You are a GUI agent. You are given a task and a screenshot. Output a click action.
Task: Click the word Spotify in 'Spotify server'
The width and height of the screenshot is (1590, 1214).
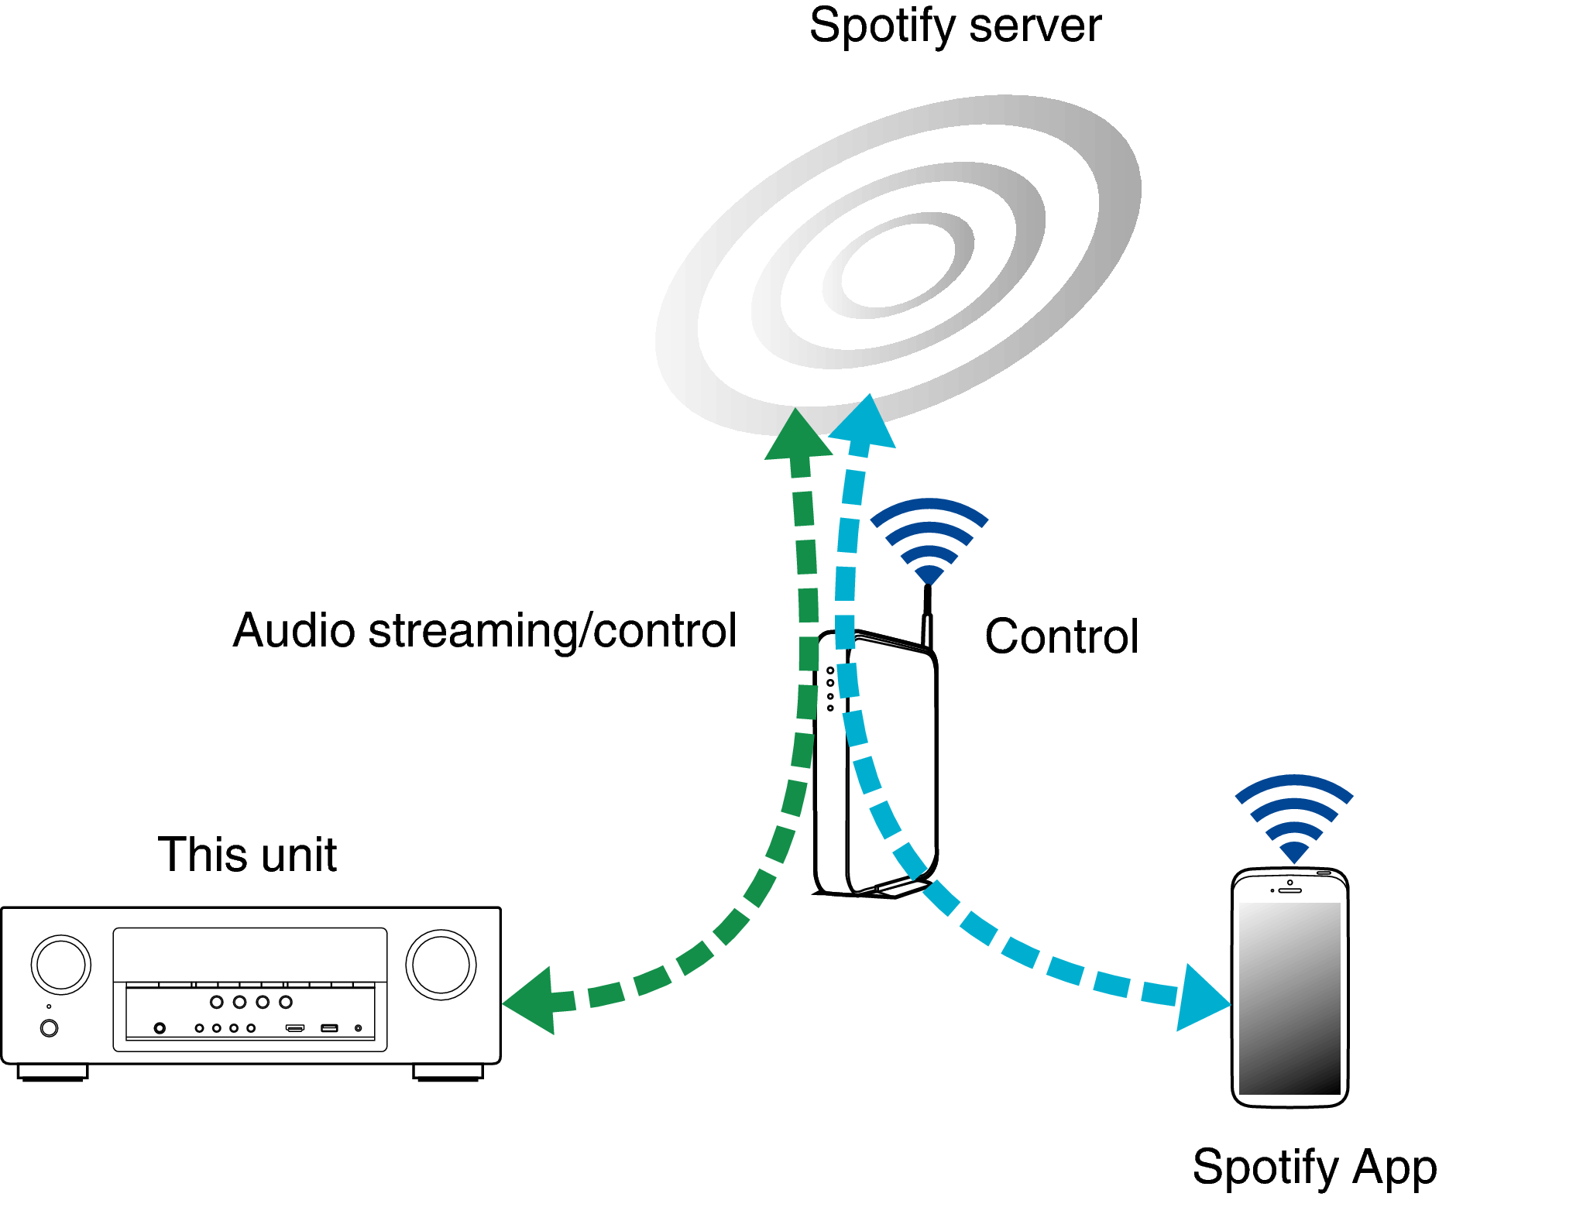point(881,27)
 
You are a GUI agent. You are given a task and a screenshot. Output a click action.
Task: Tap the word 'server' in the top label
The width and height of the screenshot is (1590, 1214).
point(1035,26)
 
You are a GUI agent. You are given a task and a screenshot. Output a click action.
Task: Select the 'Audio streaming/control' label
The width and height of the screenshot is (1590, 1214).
point(485,630)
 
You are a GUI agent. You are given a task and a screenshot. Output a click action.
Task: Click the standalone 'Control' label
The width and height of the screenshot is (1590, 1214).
point(1061,636)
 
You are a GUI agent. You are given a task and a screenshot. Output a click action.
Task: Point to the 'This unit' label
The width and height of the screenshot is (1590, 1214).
point(247,855)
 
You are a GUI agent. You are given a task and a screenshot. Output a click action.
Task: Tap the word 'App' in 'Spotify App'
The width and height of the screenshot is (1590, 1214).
point(1394,1167)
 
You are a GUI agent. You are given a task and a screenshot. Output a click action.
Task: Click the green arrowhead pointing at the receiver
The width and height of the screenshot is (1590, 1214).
point(533,1001)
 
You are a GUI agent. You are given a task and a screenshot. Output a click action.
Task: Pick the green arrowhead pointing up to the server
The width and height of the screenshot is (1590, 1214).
point(797,437)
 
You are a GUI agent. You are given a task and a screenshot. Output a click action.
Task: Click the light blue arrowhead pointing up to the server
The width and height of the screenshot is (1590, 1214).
point(865,424)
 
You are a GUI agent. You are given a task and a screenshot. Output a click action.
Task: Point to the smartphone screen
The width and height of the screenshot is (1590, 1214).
point(1290,998)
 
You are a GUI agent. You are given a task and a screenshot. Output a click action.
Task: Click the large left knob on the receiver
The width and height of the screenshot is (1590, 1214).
point(61,965)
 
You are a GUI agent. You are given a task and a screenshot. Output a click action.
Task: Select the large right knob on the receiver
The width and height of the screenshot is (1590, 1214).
point(441,965)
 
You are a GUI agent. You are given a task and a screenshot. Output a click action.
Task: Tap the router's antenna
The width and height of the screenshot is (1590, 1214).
point(927,616)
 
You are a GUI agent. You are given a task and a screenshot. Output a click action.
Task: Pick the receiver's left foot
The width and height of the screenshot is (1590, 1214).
point(53,1072)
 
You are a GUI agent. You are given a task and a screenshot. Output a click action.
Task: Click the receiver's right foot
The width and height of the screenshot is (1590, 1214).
point(448,1072)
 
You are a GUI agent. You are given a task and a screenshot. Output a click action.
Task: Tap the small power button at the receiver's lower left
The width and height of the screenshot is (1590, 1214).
point(49,1028)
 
